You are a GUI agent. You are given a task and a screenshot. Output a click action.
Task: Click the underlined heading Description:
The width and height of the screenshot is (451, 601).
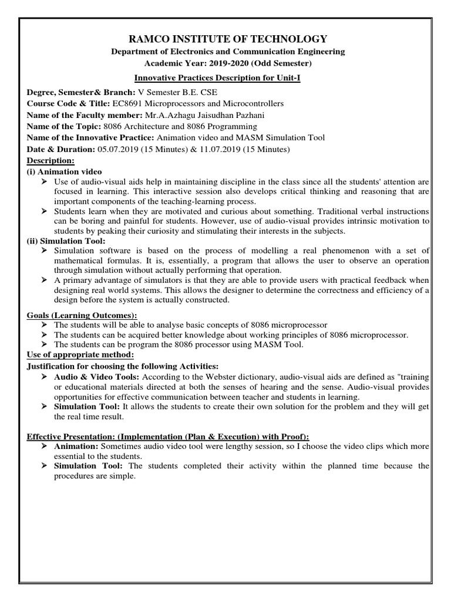(51, 160)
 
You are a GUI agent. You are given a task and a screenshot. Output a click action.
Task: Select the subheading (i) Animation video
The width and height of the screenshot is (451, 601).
(65, 171)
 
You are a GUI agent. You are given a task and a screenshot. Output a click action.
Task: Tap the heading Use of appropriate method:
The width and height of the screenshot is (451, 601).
(80, 354)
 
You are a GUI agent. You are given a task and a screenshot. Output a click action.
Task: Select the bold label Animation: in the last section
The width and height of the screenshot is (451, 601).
(76, 447)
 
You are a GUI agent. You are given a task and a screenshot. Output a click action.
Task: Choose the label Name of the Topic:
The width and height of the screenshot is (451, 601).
(64, 126)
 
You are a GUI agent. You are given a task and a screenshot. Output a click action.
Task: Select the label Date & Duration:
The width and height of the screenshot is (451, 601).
(62, 149)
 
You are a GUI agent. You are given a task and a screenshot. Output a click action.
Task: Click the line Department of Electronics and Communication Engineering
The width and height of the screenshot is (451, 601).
(228, 52)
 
